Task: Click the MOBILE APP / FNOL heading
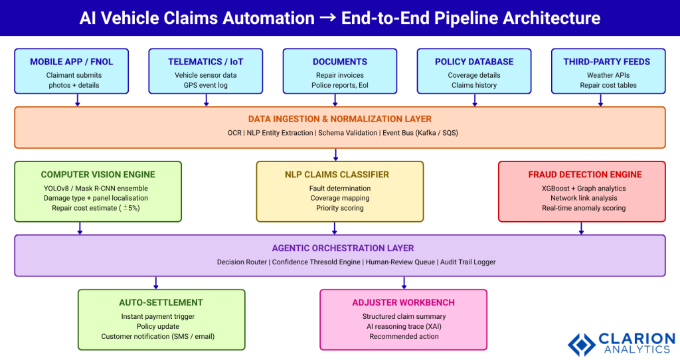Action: [71, 62]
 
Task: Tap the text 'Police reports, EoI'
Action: [340, 85]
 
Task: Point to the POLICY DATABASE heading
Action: [474, 62]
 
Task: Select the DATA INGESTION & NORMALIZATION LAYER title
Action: [340, 119]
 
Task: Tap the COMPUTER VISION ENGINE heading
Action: [98, 175]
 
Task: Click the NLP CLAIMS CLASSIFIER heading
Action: [340, 175]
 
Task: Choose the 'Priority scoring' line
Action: [340, 208]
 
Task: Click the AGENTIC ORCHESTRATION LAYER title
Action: [340, 248]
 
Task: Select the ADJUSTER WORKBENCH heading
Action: [404, 303]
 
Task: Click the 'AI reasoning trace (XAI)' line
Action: [404, 326]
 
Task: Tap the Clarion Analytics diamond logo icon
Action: [581, 344]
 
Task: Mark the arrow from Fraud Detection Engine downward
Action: [582, 228]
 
